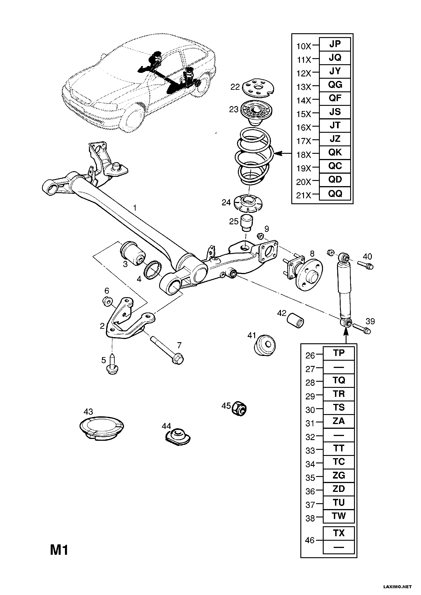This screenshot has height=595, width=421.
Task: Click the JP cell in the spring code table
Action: [335, 44]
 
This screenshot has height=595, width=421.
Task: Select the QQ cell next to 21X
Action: [335, 194]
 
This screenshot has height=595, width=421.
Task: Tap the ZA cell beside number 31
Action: [339, 421]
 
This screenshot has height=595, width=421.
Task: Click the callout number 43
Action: [88, 412]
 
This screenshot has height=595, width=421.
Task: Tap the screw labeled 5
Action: [112, 365]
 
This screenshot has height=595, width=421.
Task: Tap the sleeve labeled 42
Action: [295, 320]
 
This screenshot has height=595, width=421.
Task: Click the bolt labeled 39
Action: [362, 328]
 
